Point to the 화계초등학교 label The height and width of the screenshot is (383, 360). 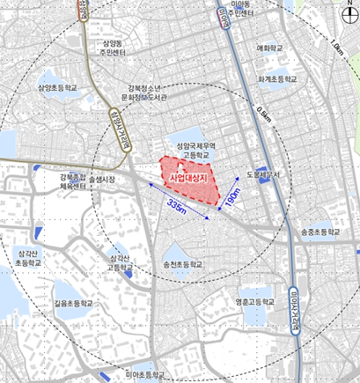[277, 78]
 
